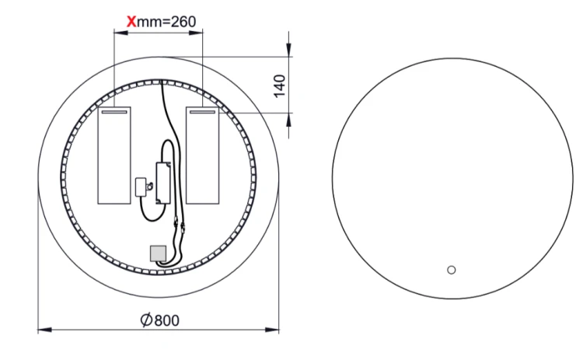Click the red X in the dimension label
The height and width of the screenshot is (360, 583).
pyautogui.click(x=131, y=22)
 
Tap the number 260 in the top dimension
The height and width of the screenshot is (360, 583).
pyautogui.click(x=183, y=22)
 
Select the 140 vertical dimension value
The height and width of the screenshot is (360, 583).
pyautogui.click(x=280, y=86)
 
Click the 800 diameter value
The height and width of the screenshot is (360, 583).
pyautogui.click(x=166, y=320)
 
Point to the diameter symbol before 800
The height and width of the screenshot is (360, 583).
pyautogui.click(x=146, y=320)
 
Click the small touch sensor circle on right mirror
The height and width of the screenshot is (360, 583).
pyautogui.click(x=452, y=270)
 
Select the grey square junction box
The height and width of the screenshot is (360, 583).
pyautogui.click(x=158, y=253)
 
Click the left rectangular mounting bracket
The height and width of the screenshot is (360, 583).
pyautogui.click(x=114, y=156)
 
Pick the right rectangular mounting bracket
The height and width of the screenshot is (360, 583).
pyautogui.click(x=203, y=156)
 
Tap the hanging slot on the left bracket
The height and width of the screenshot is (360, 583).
pyautogui.click(x=114, y=111)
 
